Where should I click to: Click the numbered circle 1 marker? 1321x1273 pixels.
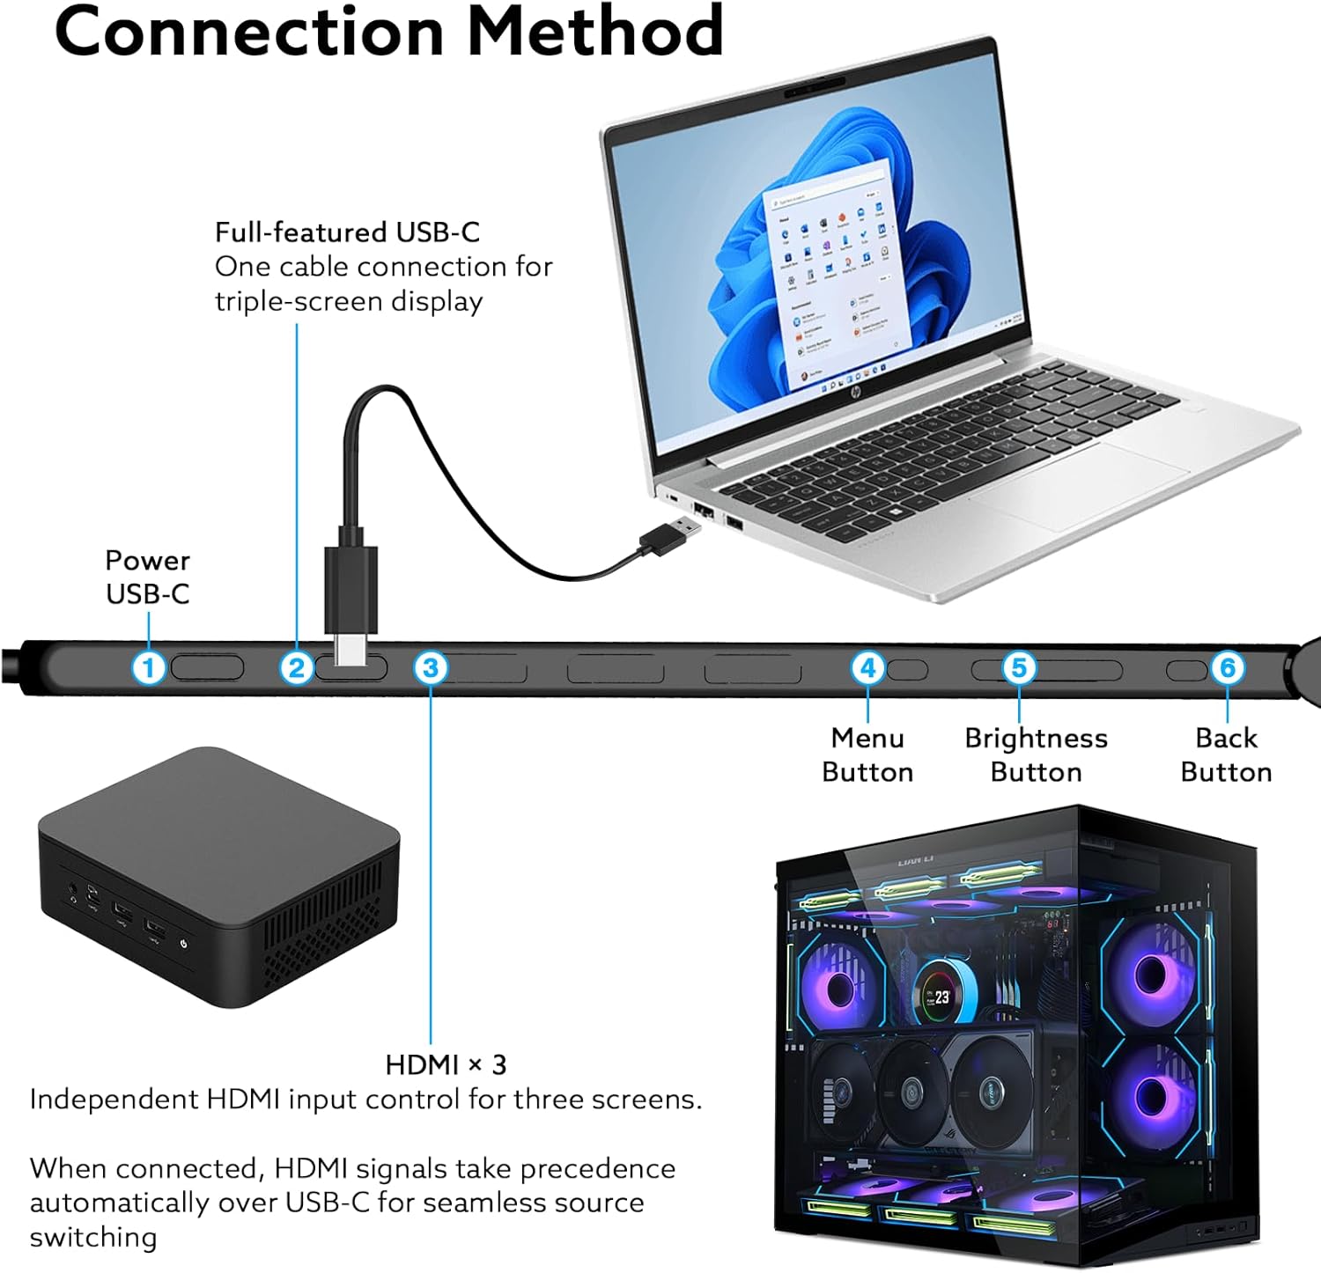coord(149,667)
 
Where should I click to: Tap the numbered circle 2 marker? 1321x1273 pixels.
coord(297,667)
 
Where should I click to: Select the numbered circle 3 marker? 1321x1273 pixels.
coord(431,667)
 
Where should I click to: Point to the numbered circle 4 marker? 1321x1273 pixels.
coord(867,667)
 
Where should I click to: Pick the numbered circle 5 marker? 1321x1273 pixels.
coord(1019,667)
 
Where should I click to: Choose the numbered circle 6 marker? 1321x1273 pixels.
coord(1227,667)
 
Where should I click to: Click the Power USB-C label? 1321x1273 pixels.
coord(147,577)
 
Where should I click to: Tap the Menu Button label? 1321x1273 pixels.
coord(867,754)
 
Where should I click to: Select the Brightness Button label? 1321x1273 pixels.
coord(1036,754)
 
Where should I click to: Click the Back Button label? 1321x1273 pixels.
coord(1226,754)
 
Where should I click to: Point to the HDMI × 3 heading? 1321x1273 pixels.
coord(446,1064)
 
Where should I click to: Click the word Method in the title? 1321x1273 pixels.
coord(594,31)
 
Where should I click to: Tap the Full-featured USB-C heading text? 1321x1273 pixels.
coord(347,232)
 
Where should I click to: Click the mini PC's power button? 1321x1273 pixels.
coord(183,943)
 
